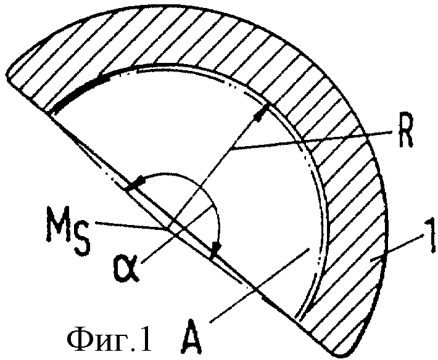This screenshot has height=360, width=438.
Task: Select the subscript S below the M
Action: pos(83,238)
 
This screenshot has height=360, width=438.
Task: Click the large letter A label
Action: pos(191,337)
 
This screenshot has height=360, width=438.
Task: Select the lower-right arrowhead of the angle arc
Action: pos(216,248)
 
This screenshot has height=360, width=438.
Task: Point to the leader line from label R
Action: pos(311,141)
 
